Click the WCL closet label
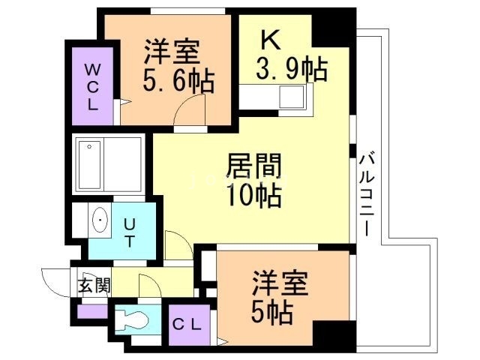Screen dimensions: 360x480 pyautogui.click(x=91, y=86)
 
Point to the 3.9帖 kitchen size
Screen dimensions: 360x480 pyautogui.click(x=292, y=70)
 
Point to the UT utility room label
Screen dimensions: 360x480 pyautogui.click(x=129, y=231)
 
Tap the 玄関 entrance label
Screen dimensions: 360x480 pyautogui.click(x=94, y=285)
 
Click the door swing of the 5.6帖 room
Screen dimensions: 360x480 pyautogui.click(x=188, y=112)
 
